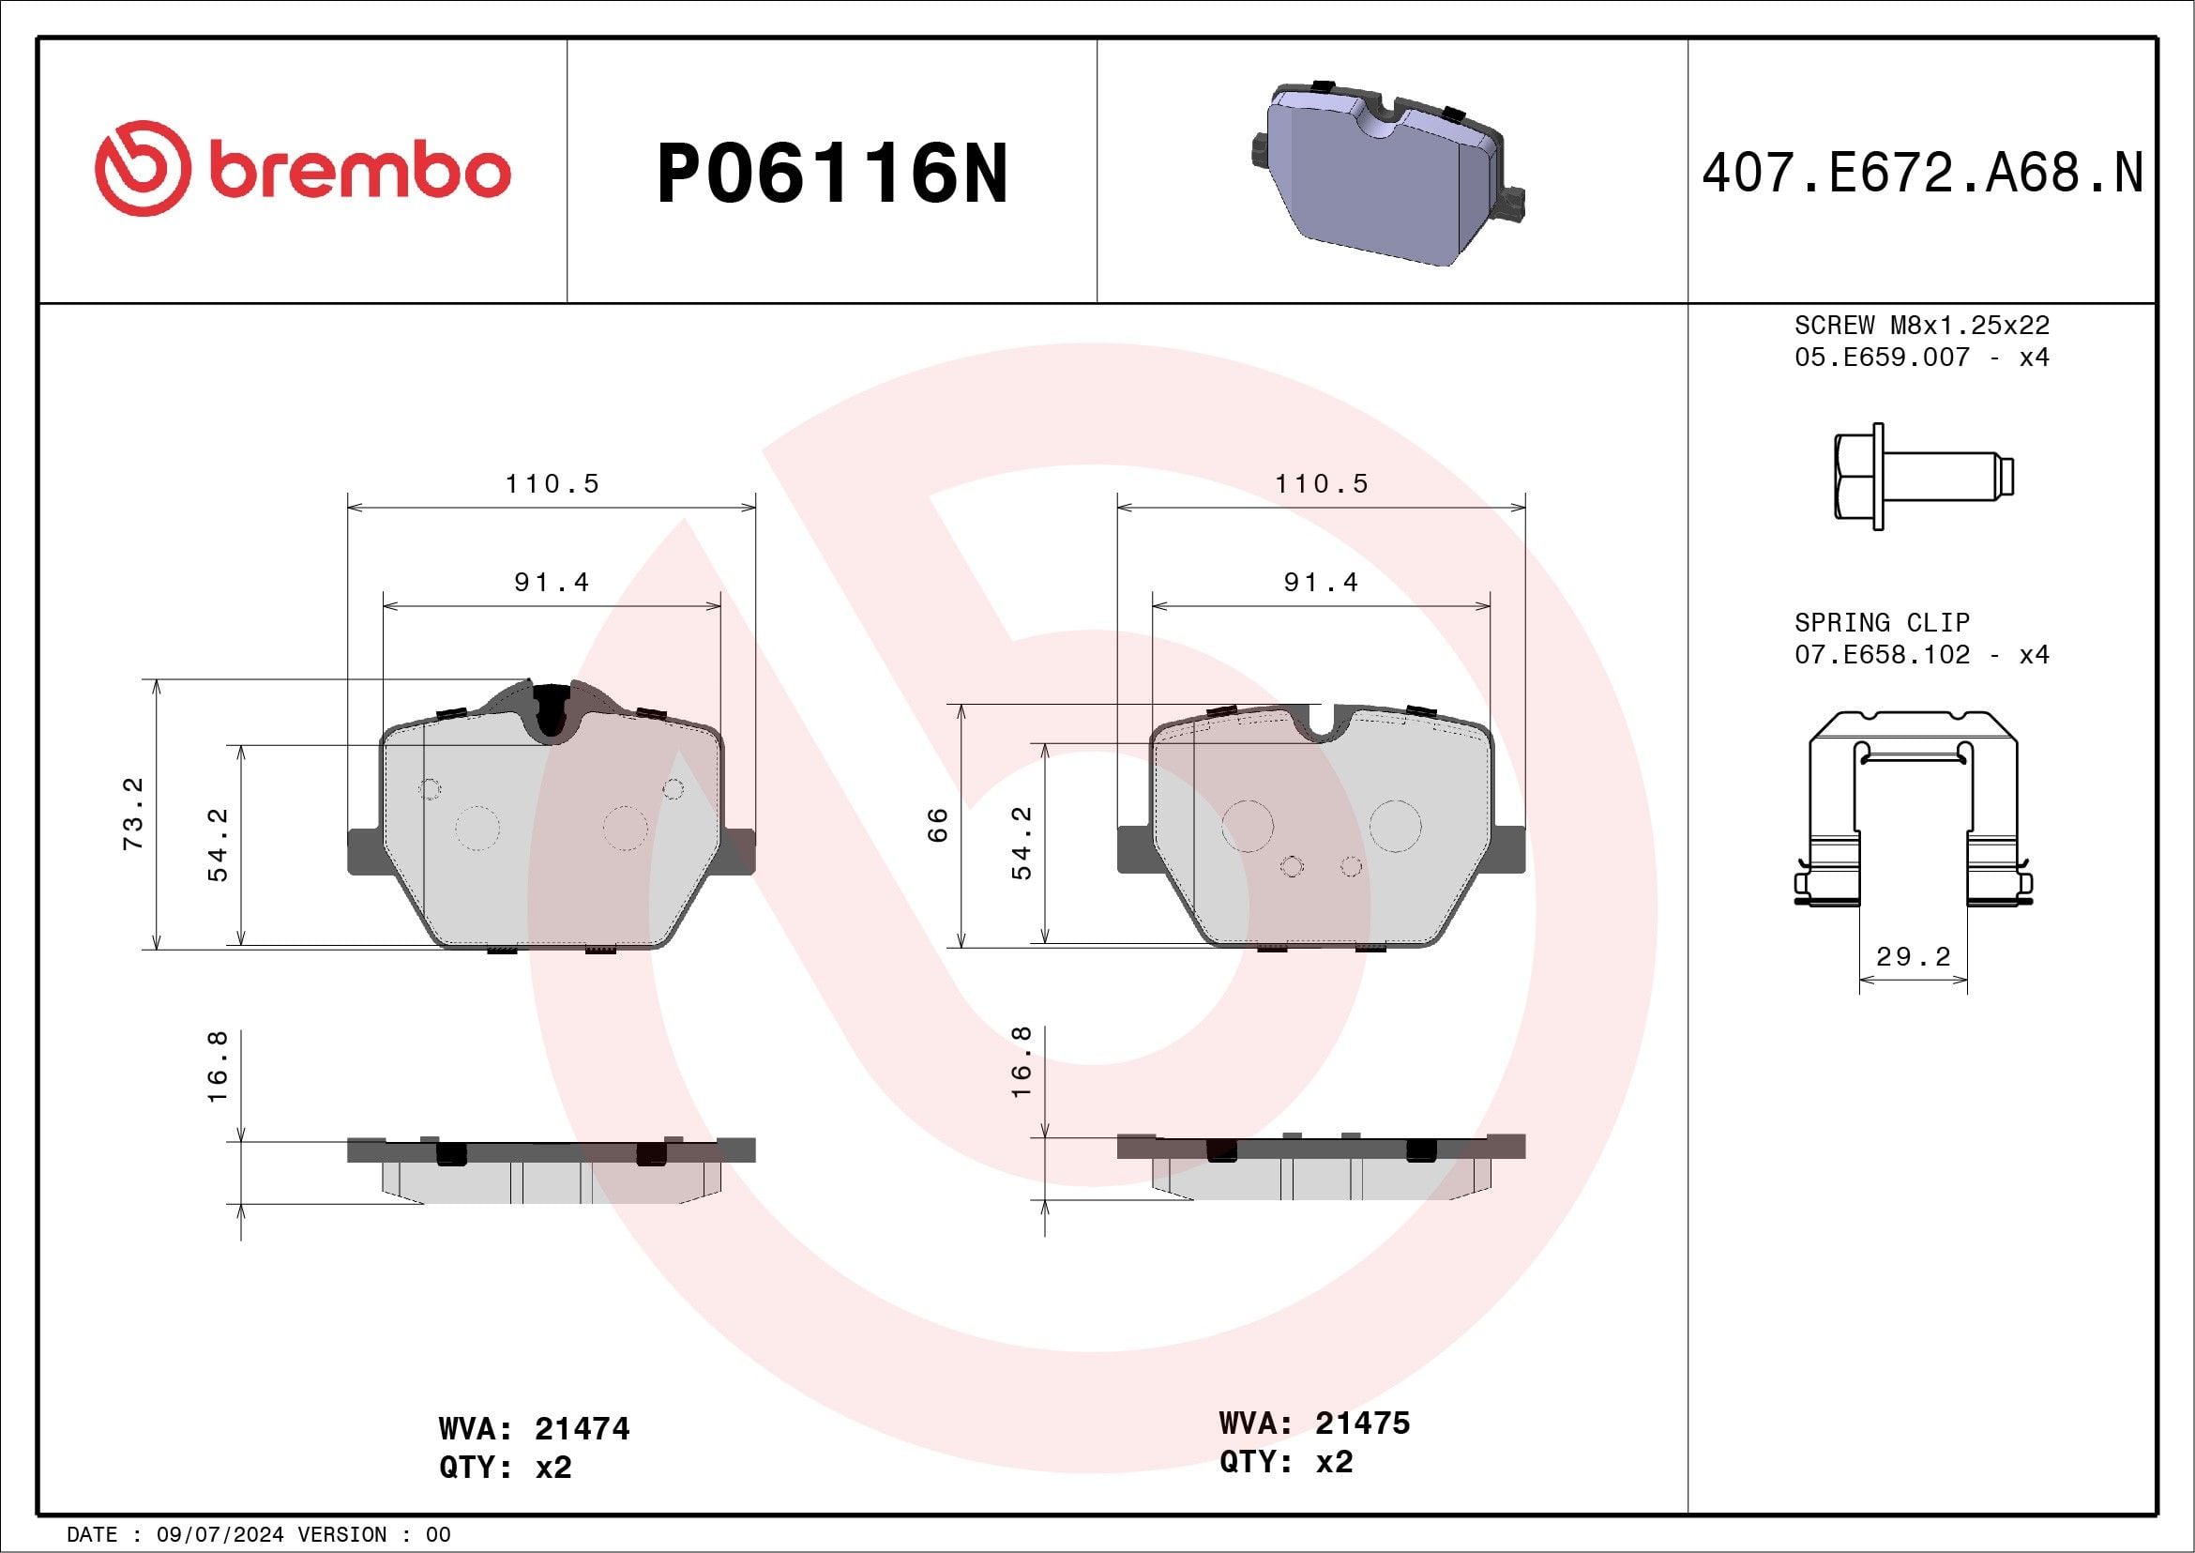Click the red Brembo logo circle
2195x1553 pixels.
click(143, 168)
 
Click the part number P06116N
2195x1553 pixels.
click(832, 173)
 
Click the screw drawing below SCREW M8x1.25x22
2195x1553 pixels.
click(1923, 477)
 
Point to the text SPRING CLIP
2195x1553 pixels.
click(1882, 622)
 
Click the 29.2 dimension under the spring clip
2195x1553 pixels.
click(1913, 957)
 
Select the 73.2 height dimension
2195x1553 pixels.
click(133, 814)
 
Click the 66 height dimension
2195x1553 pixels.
click(938, 824)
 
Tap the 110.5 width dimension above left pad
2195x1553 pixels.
click(552, 484)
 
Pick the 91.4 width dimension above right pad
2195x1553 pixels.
click(1320, 583)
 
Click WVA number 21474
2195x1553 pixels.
click(582, 1429)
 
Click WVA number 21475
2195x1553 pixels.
click(1361, 1423)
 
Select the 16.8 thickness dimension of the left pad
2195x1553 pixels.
click(218, 1066)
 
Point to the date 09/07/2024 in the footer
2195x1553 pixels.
click(219, 1535)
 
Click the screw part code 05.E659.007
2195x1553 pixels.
click(1882, 358)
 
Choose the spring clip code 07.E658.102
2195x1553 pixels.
click(1882, 655)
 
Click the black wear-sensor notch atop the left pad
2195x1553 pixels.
click(551, 710)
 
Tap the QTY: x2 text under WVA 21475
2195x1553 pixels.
click(1285, 1462)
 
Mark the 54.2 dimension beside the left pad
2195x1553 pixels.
click(219, 845)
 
